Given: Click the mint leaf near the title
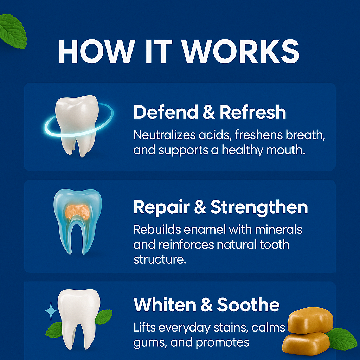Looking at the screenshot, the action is point(13,31).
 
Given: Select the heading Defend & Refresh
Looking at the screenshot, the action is point(210,112).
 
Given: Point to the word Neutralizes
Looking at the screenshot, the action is point(164,135).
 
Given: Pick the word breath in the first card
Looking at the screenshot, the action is point(306,135).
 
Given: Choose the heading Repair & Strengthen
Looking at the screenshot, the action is point(221,207).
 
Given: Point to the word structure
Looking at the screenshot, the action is point(160,259).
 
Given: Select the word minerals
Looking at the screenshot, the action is point(278,229).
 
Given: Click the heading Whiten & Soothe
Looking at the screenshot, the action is point(206,305).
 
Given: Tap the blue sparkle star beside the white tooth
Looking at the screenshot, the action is point(51,311).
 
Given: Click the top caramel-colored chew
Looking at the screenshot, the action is point(310,320).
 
